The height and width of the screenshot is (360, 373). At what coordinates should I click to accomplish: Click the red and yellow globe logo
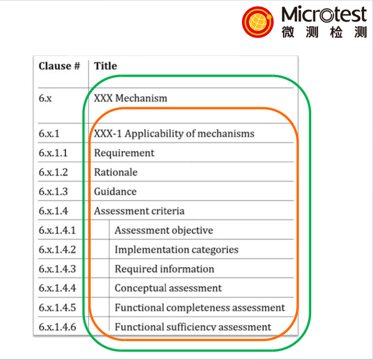258,22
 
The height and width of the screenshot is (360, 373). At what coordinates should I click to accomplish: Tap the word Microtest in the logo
324,14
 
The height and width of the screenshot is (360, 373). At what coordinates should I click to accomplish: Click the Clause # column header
59,66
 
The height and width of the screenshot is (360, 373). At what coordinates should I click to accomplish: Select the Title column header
105,66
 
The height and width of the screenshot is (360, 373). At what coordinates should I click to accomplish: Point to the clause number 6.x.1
49,134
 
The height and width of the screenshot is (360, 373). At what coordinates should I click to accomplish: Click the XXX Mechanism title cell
130,98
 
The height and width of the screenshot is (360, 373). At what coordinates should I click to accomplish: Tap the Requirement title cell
124,153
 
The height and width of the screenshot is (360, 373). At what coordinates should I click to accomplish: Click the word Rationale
116,172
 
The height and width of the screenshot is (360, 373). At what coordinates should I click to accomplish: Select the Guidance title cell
115,192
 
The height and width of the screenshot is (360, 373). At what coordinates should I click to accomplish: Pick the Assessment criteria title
139,211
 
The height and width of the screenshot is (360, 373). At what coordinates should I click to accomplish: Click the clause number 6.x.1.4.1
57,230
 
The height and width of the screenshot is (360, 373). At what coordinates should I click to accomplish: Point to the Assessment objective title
164,231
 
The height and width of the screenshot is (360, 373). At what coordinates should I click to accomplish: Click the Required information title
164,269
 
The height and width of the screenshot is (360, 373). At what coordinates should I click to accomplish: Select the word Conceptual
141,289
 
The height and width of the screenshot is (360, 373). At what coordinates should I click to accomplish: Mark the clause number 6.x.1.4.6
58,327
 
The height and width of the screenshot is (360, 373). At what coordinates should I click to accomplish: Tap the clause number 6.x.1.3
53,192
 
